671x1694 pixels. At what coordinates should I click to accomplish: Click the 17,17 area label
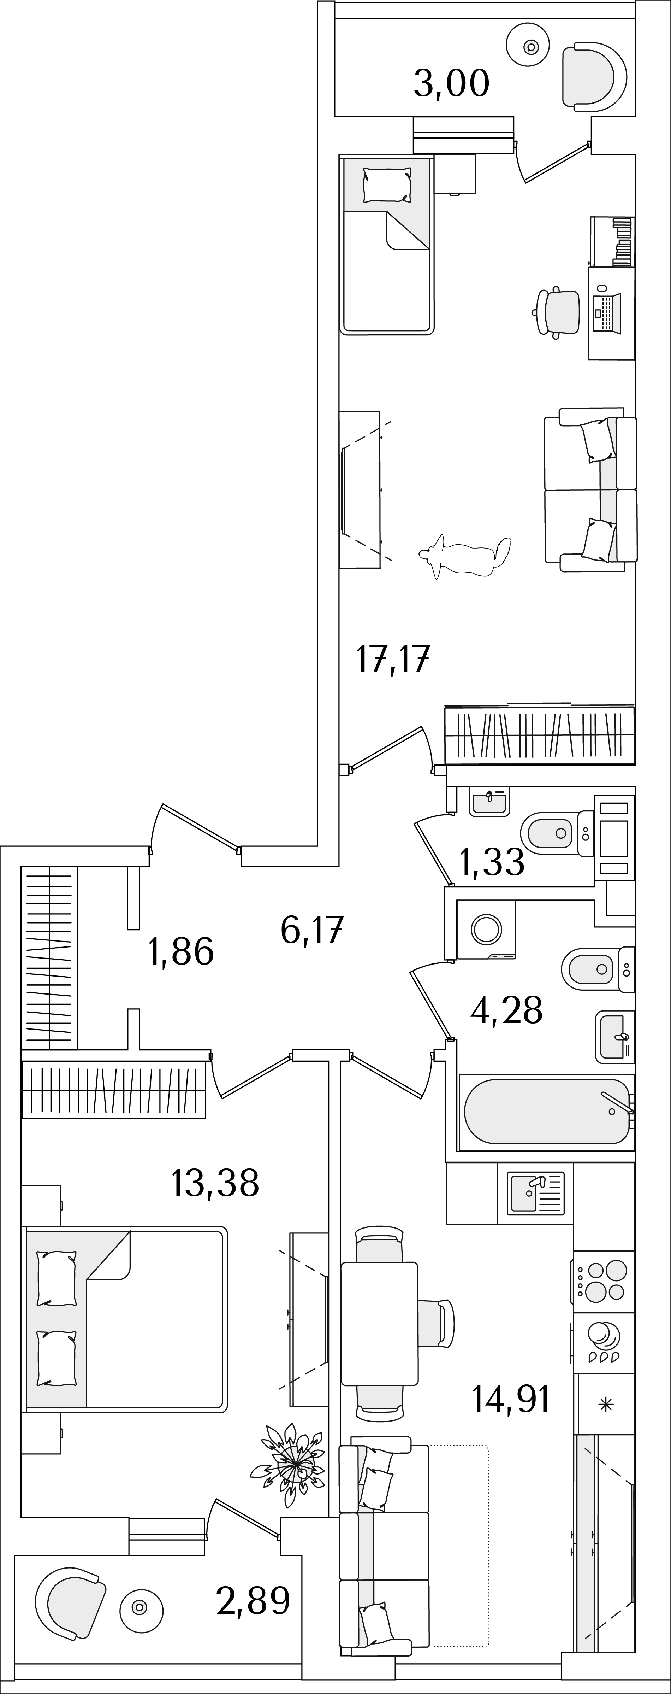tap(393, 660)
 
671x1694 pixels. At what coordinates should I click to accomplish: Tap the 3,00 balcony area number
tap(451, 83)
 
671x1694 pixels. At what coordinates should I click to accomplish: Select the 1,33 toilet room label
tap(492, 862)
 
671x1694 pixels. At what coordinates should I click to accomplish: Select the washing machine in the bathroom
tap(486, 929)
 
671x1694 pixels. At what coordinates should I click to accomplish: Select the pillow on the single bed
tap(387, 185)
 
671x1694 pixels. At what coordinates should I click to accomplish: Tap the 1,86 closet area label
tap(182, 951)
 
